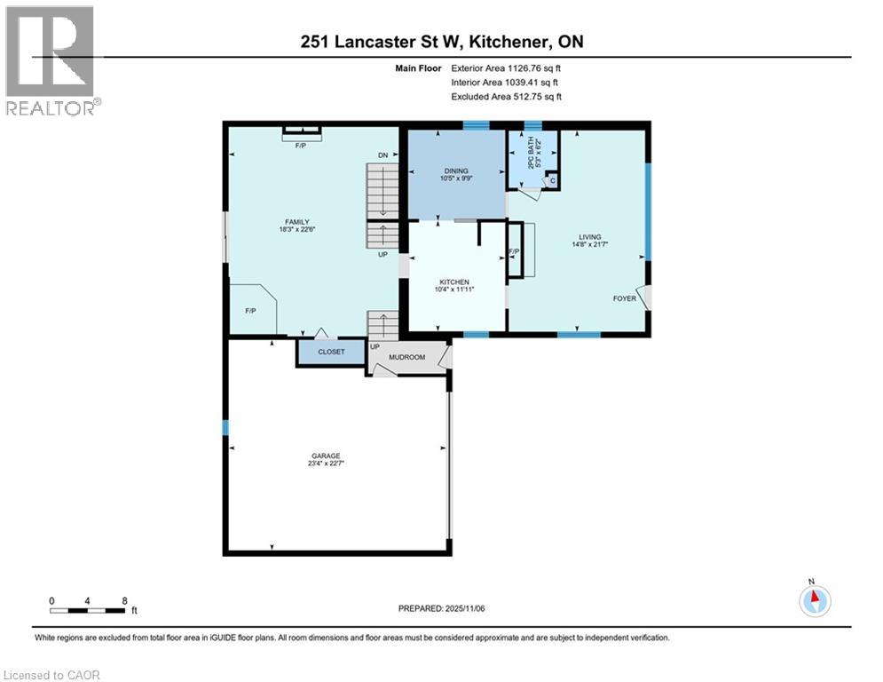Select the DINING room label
tap(456, 170)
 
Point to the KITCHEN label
tap(453, 282)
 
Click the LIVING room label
tap(590, 237)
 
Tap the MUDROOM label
tap(408, 357)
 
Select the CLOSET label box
tap(331, 353)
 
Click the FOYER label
tap(624, 298)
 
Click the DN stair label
tap(382, 155)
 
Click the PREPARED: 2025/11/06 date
tap(441, 608)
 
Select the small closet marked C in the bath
tap(552, 181)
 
